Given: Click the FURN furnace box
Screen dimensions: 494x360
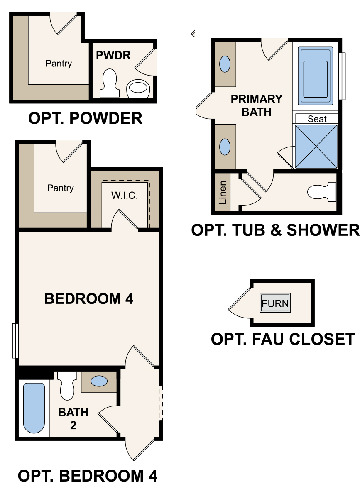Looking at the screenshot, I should pos(275,303).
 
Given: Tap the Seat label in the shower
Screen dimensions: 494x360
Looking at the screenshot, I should pos(317,119).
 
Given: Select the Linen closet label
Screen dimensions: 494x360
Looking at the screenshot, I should pos(223,192).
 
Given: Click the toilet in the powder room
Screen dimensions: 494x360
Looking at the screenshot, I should pos(109,82).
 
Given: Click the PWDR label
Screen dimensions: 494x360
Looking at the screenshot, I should pos(113,55).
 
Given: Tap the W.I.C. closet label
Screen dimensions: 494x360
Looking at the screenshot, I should pos(125,195).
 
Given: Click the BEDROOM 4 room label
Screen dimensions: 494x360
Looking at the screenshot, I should pos(89,298).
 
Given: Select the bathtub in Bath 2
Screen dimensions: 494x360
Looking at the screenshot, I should pos(34,408).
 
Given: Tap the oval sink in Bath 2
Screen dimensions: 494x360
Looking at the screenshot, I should pos(99,381).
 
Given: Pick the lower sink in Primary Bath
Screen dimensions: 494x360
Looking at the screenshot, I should pos(225,147).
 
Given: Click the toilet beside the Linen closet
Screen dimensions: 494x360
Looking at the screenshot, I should pos(322,192).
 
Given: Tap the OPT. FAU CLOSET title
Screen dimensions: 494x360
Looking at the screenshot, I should pos(283,339).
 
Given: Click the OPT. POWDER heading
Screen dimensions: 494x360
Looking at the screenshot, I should pos(85,119).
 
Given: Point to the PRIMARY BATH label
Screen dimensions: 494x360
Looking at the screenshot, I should pos(256,105).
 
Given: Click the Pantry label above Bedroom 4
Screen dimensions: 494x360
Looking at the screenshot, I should pos(60,188).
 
